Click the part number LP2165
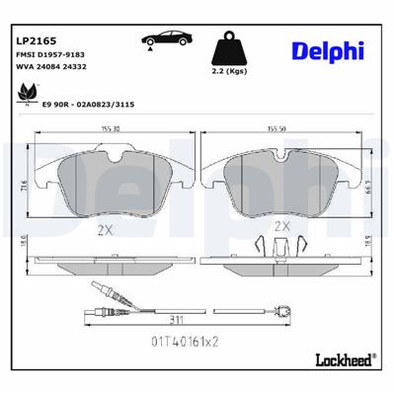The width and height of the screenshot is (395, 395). (33, 40)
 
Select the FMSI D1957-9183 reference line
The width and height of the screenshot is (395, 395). (49, 55)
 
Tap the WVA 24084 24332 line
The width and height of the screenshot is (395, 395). (49, 69)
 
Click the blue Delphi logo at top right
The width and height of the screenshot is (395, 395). (327, 49)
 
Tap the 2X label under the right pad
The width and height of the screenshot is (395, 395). (280, 226)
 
